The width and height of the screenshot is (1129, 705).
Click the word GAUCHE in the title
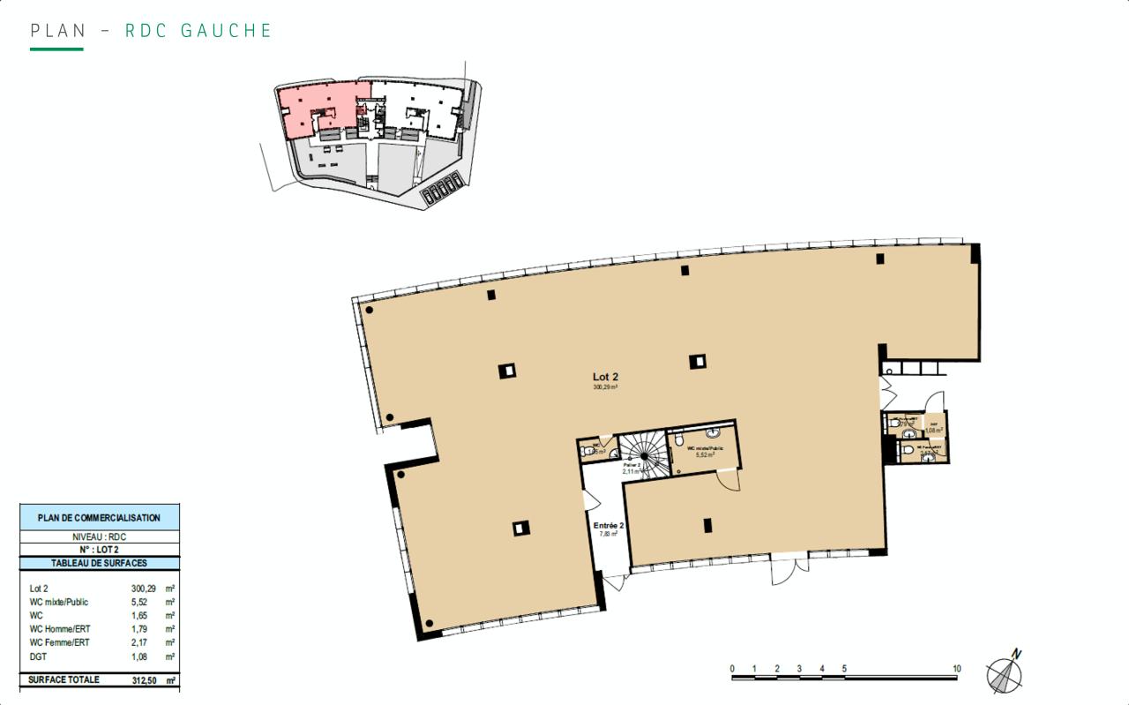226,31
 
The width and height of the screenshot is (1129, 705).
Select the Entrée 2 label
608,525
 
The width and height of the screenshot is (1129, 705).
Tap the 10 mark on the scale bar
957,669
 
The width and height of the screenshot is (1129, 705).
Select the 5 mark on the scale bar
844,669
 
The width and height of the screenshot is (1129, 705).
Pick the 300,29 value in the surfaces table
144,588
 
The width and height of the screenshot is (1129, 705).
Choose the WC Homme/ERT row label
60,629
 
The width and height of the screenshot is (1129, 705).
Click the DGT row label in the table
38,656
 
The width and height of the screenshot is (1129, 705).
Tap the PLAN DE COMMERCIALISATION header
100,518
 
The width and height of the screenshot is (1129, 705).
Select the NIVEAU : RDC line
100,536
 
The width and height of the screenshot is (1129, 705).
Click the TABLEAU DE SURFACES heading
100,563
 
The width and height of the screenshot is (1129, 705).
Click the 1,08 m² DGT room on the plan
933,429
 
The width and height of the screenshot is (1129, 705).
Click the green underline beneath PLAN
56,49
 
